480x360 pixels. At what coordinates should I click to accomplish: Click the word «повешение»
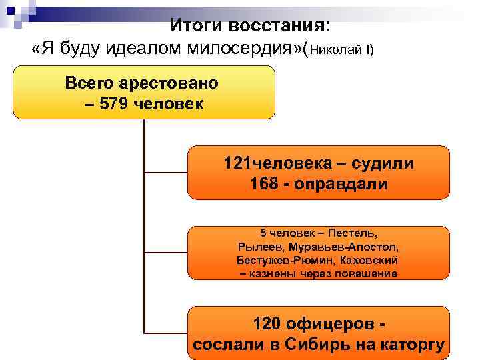[363, 274]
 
